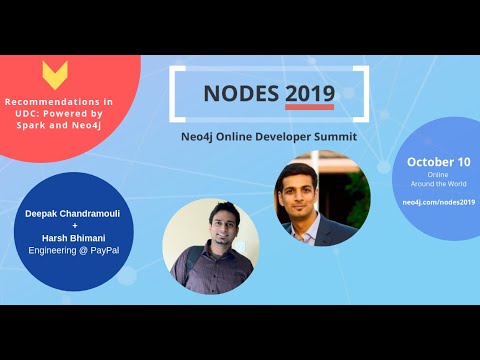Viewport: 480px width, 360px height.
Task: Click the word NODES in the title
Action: (x=241, y=93)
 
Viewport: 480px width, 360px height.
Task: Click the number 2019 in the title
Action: (x=310, y=93)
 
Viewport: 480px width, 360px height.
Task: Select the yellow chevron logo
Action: (x=56, y=75)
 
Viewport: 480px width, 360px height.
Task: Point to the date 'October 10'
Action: (x=439, y=162)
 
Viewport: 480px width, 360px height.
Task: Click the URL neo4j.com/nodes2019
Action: (x=439, y=201)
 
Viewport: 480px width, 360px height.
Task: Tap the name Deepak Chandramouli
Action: (x=60, y=213)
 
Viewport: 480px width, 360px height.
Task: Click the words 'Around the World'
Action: (x=439, y=185)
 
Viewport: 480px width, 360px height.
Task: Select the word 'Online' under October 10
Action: (x=439, y=176)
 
